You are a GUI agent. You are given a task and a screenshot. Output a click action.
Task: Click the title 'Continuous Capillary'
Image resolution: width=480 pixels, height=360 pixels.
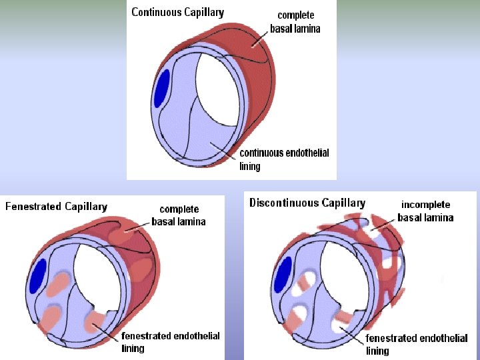click(x=177, y=12)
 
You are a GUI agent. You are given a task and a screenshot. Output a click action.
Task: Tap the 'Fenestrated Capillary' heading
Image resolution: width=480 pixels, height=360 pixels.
click(x=56, y=207)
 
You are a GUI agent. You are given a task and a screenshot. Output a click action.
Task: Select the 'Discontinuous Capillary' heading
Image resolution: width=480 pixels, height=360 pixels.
click(x=307, y=203)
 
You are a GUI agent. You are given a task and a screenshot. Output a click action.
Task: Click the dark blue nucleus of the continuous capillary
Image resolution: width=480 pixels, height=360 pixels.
click(x=161, y=89)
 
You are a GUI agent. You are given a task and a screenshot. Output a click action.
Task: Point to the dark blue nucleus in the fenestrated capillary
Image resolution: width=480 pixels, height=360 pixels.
click(x=39, y=276)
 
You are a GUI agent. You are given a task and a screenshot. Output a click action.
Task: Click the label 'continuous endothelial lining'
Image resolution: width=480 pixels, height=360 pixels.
click(x=283, y=159)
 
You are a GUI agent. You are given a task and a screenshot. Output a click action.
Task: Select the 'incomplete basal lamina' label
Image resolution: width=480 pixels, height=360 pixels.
click(x=425, y=211)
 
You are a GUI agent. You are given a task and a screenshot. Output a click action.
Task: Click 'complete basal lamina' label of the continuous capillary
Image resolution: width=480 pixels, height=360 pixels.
click(x=295, y=22)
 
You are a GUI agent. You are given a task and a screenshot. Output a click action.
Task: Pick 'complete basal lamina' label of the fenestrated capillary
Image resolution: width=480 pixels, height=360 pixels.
click(x=179, y=215)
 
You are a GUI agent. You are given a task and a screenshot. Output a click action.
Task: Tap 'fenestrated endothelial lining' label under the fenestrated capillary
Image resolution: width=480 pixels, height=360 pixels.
click(x=170, y=342)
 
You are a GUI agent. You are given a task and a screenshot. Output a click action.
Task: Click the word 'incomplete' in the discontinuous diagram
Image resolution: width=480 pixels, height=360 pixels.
click(x=425, y=205)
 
